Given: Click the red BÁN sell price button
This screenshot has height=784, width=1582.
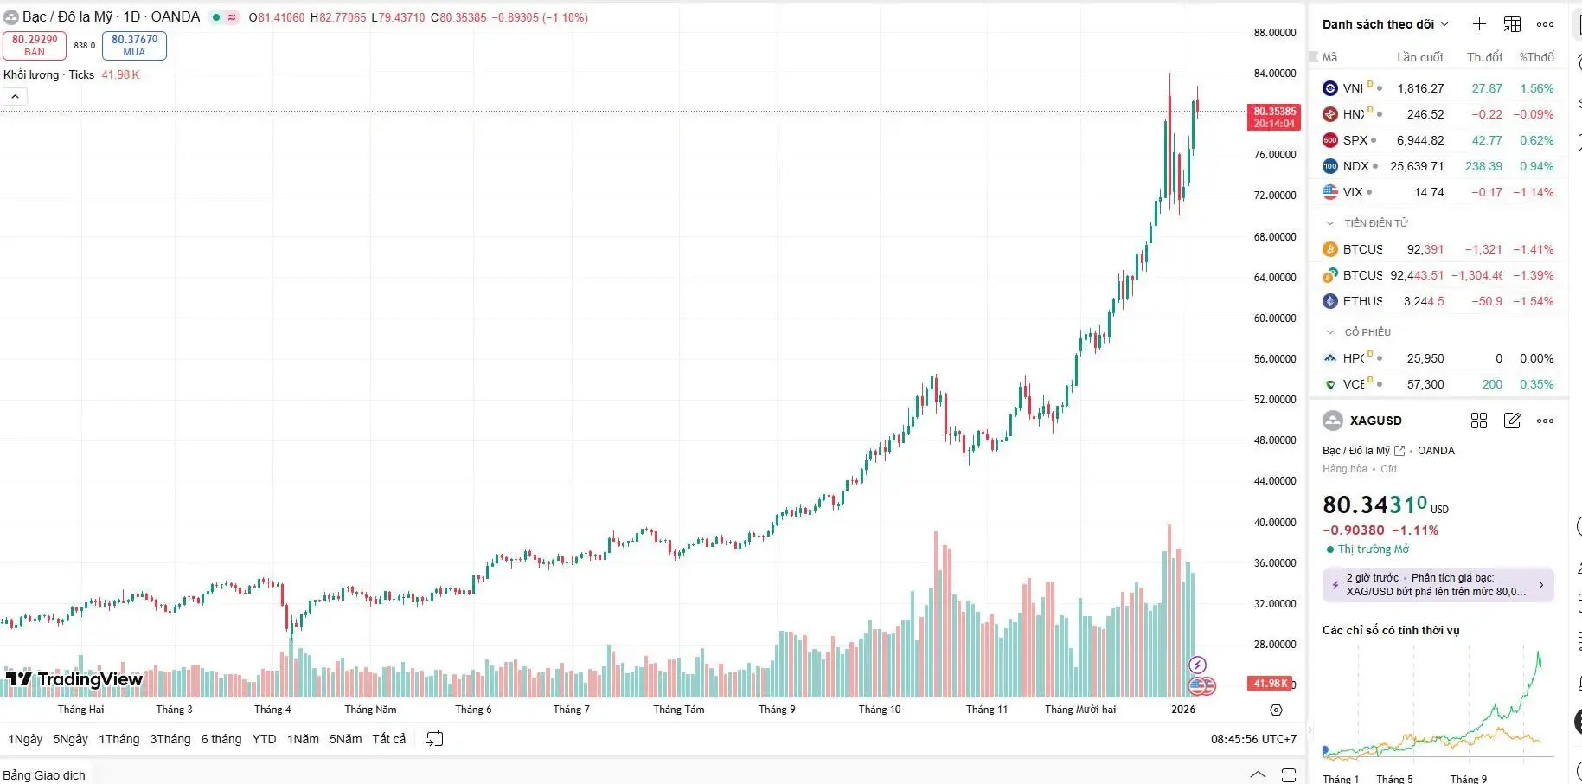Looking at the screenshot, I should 35,45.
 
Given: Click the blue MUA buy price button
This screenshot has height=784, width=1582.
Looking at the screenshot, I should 134,45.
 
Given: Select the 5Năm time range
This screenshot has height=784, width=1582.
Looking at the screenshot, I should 345,739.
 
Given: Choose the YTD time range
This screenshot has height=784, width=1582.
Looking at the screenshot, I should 264,739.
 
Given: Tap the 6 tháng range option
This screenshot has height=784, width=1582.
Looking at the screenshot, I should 221,739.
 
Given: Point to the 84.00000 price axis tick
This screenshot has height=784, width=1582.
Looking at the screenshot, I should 1274,74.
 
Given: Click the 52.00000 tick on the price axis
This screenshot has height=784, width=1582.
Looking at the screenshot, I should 1274,400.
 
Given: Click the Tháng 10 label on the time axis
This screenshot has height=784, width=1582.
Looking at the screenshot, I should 879,710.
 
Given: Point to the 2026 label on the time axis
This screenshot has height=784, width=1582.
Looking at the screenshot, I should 1182,710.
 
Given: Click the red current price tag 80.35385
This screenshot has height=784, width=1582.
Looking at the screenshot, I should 1274,117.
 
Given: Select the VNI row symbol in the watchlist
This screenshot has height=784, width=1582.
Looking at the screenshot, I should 1353,88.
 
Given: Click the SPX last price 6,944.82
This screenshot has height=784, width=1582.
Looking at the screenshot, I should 1419,140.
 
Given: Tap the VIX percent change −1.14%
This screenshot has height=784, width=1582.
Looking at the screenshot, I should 1533,192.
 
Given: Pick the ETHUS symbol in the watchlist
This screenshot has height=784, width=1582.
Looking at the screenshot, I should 1362,301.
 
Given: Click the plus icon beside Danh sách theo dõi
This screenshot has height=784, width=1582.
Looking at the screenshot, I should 1479,24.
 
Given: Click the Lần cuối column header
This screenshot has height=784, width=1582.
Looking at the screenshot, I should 1419,57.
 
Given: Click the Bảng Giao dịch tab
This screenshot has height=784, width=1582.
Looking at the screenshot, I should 44,775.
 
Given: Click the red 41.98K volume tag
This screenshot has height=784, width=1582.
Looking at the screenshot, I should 1269,684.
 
